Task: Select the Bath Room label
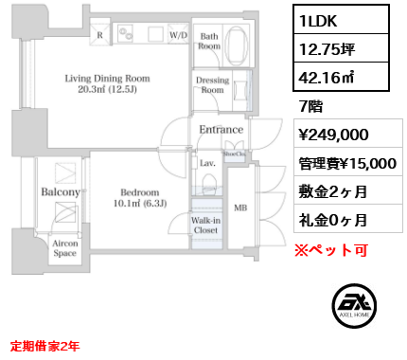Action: [209, 41]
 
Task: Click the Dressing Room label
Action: [214, 86]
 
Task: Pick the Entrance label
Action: [221, 130]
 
